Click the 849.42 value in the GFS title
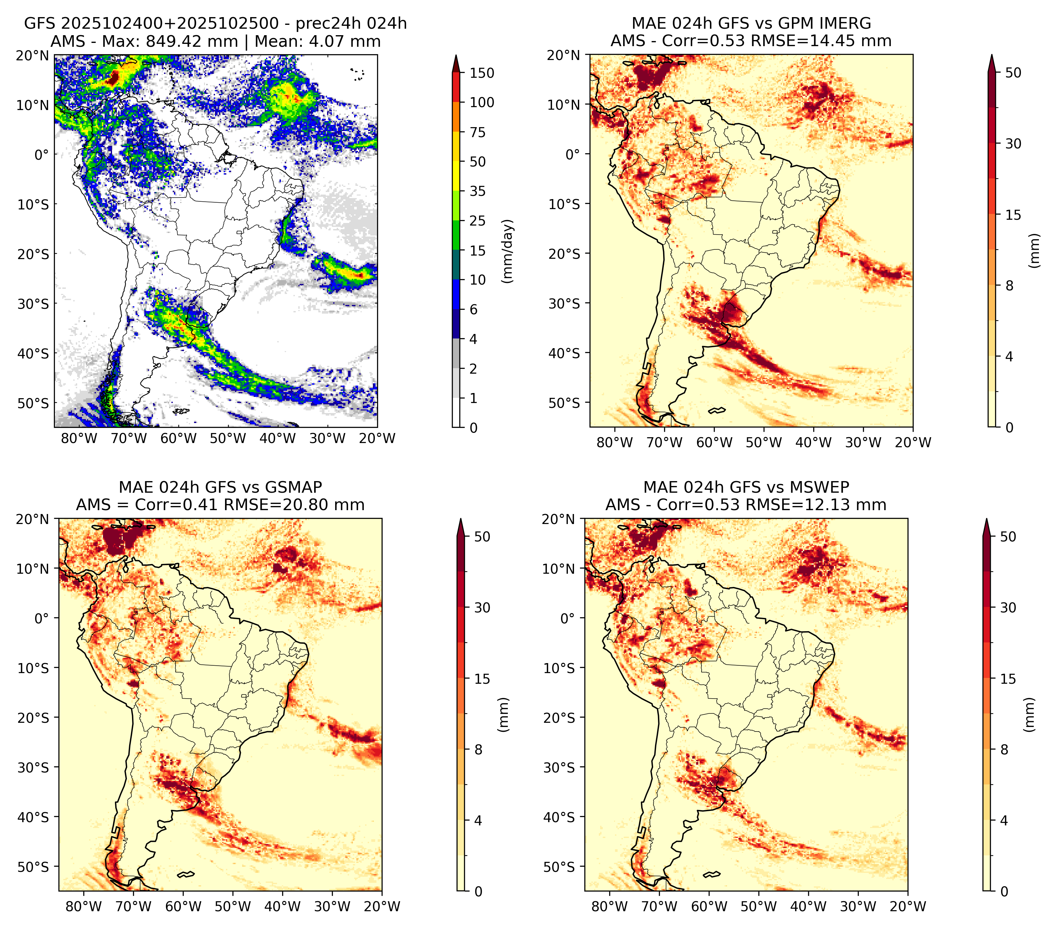pos(192,41)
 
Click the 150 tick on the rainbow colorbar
pos(482,73)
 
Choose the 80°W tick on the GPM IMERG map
pos(615,442)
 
